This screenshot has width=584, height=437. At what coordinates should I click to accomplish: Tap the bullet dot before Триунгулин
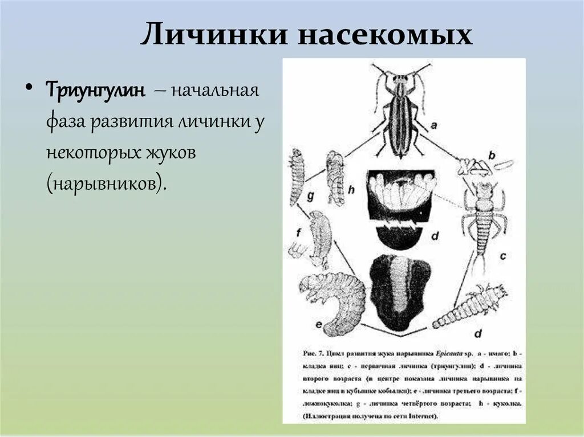click(x=29, y=90)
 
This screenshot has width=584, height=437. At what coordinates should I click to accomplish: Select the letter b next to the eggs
click(x=492, y=155)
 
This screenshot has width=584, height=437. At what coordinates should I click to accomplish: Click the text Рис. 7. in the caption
click(x=313, y=352)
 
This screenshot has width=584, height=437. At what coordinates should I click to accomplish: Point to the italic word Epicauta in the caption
click(x=452, y=352)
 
